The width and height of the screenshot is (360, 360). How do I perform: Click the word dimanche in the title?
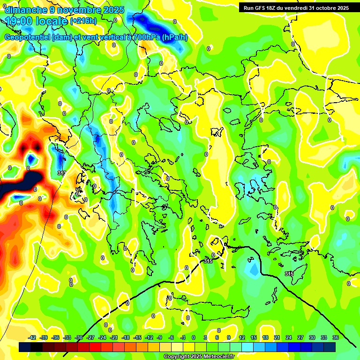[x=25, y=10]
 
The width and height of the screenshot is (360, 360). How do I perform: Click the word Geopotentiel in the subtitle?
[x=28, y=37]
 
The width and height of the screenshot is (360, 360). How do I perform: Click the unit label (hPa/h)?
[x=175, y=37]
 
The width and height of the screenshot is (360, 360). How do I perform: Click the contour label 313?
[x=61, y=173]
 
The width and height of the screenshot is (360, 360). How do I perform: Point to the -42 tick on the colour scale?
[x=32, y=337]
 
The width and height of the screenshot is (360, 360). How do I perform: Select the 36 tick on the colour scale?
[x=336, y=337]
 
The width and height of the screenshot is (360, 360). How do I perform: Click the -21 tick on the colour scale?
[x=114, y=337]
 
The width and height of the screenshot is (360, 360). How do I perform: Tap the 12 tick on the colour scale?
[x=242, y=337]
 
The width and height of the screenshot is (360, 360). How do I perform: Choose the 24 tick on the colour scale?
[x=289, y=337]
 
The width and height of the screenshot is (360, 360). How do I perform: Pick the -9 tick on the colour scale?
[x=160, y=337]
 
